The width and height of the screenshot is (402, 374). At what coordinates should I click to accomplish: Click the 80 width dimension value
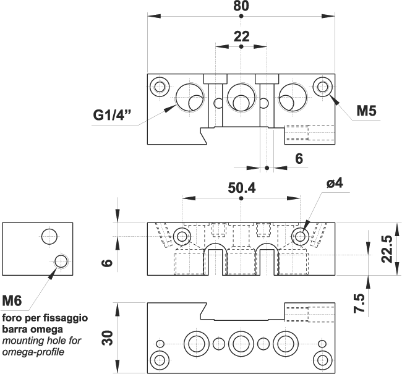point(241,7)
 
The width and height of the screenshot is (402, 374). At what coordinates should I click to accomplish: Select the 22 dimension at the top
point(241,36)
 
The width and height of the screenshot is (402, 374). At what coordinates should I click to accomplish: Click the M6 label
point(12,302)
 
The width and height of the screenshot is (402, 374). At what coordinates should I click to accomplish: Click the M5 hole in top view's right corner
point(322,86)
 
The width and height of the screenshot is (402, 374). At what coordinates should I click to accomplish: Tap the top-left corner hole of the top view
point(161,86)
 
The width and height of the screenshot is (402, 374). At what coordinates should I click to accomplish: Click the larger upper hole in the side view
point(49,236)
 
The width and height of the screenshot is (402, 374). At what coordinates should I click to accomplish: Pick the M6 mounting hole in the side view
point(61,261)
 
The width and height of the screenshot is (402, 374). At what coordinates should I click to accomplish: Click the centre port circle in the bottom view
point(240,343)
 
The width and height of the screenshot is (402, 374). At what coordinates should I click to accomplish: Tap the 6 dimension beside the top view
point(299,159)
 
